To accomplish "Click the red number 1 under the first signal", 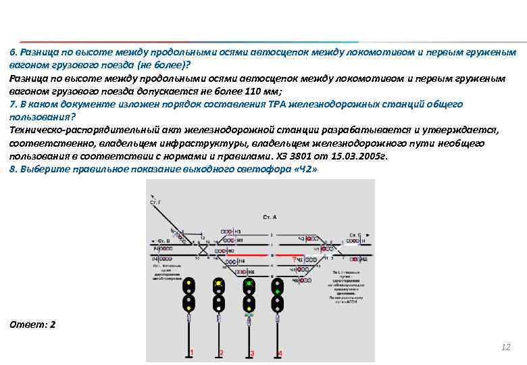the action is click(192, 352).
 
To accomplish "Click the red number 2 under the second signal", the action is click(222, 352).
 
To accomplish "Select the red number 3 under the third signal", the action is click(252, 353).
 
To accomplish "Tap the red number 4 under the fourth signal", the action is click(281, 353).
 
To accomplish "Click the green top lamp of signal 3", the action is click(249, 284).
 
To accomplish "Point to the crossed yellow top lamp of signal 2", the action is click(219, 284).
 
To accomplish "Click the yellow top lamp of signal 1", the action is click(190, 283).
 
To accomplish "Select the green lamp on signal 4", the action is click(277, 292).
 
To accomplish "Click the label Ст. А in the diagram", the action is click(270, 218).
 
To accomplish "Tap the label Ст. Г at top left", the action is click(155, 202).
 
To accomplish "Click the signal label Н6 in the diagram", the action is click(252, 272).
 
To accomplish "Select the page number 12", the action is click(505, 347).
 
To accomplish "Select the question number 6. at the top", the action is click(14, 52).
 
